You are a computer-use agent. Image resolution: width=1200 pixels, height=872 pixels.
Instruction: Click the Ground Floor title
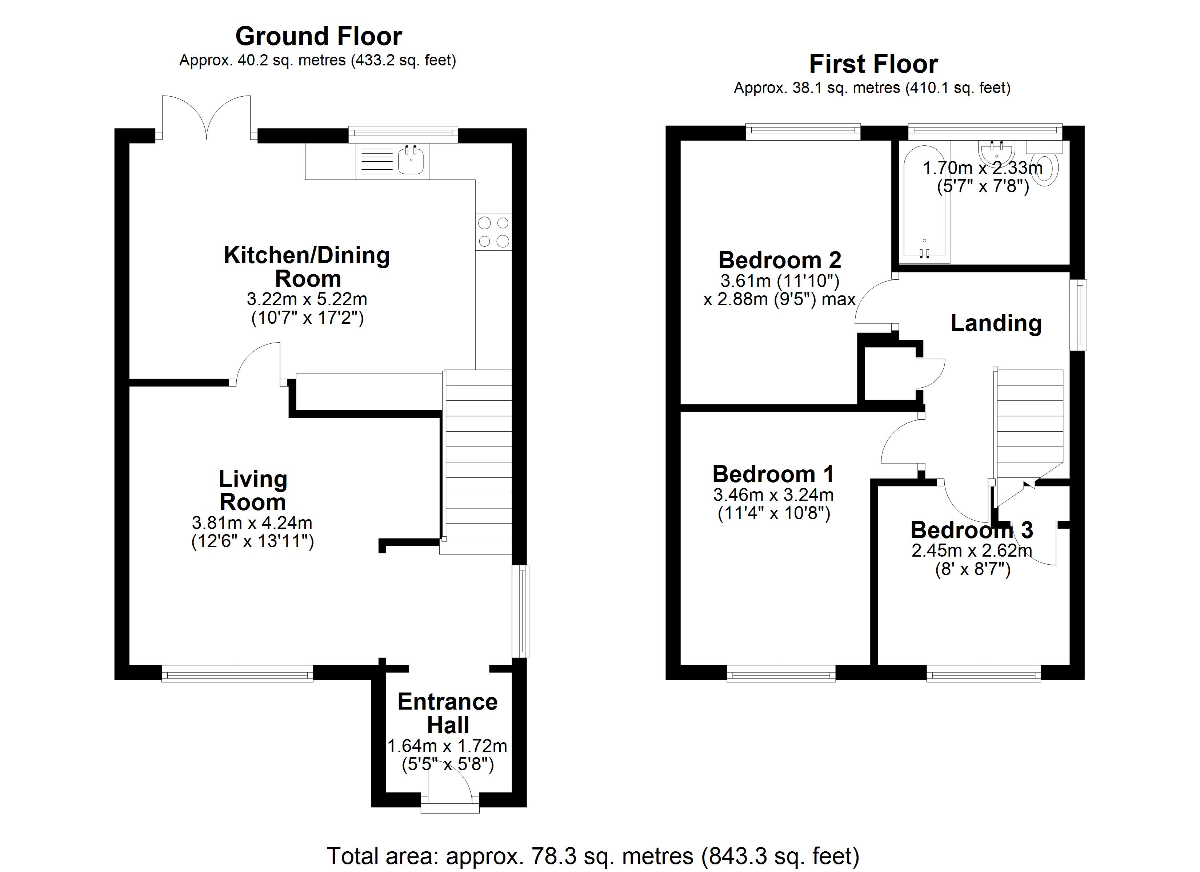pyautogui.click(x=319, y=36)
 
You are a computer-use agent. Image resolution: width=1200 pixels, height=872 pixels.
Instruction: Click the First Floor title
pyautogui.click(x=873, y=64)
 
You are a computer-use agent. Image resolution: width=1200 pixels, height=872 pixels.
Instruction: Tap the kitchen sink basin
pyautogui.click(x=411, y=160)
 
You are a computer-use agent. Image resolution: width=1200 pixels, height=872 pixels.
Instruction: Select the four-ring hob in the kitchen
pyautogui.click(x=493, y=231)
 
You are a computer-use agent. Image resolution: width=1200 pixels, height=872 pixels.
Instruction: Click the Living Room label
pyautogui.click(x=253, y=490)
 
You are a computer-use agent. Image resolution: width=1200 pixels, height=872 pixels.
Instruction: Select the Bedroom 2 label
pyautogui.click(x=780, y=260)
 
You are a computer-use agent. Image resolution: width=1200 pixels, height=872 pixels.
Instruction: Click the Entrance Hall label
pyautogui.click(x=448, y=713)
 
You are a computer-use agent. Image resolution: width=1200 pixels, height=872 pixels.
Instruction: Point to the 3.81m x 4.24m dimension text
pyautogui.click(x=252, y=523)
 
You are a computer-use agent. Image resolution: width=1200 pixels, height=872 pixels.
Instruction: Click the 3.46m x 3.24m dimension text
pyautogui.click(x=773, y=495)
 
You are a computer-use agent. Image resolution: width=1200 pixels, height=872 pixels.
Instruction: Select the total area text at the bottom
pyautogui.click(x=593, y=856)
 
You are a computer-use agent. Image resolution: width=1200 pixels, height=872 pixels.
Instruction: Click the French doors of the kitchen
pyautogui.click(x=206, y=117)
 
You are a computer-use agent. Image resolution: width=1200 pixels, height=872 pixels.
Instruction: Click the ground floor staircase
pyautogui.click(x=477, y=462)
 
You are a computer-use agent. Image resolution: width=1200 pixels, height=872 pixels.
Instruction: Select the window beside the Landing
pyautogui.click(x=1078, y=315)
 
